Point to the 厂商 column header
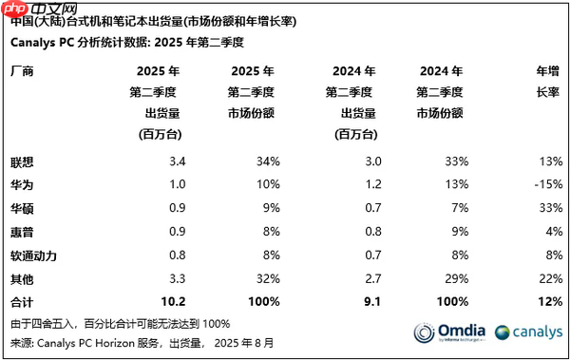[x=21, y=71]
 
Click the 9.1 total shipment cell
[x=362, y=302]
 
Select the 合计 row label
[x=21, y=302]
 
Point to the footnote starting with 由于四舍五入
[x=119, y=323]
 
